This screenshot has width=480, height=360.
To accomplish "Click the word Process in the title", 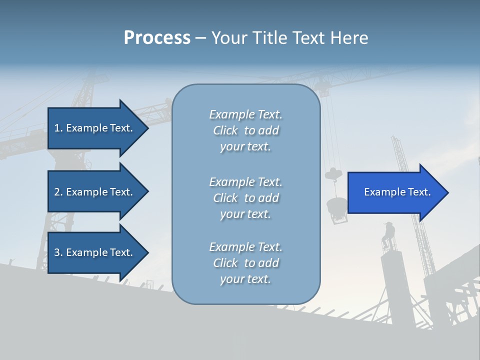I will click(157, 38).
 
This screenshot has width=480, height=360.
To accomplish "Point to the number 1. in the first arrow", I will click(58, 128).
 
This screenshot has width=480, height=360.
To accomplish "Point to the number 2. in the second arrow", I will click(58, 192).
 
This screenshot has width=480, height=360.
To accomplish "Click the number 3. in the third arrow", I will click(58, 252).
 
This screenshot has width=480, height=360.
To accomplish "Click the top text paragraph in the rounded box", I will click(245, 130).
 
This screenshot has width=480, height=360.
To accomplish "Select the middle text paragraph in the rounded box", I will click(245, 198).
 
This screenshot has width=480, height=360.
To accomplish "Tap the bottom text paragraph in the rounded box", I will click(245, 263).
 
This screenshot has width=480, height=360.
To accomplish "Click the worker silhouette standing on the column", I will click(388, 234).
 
